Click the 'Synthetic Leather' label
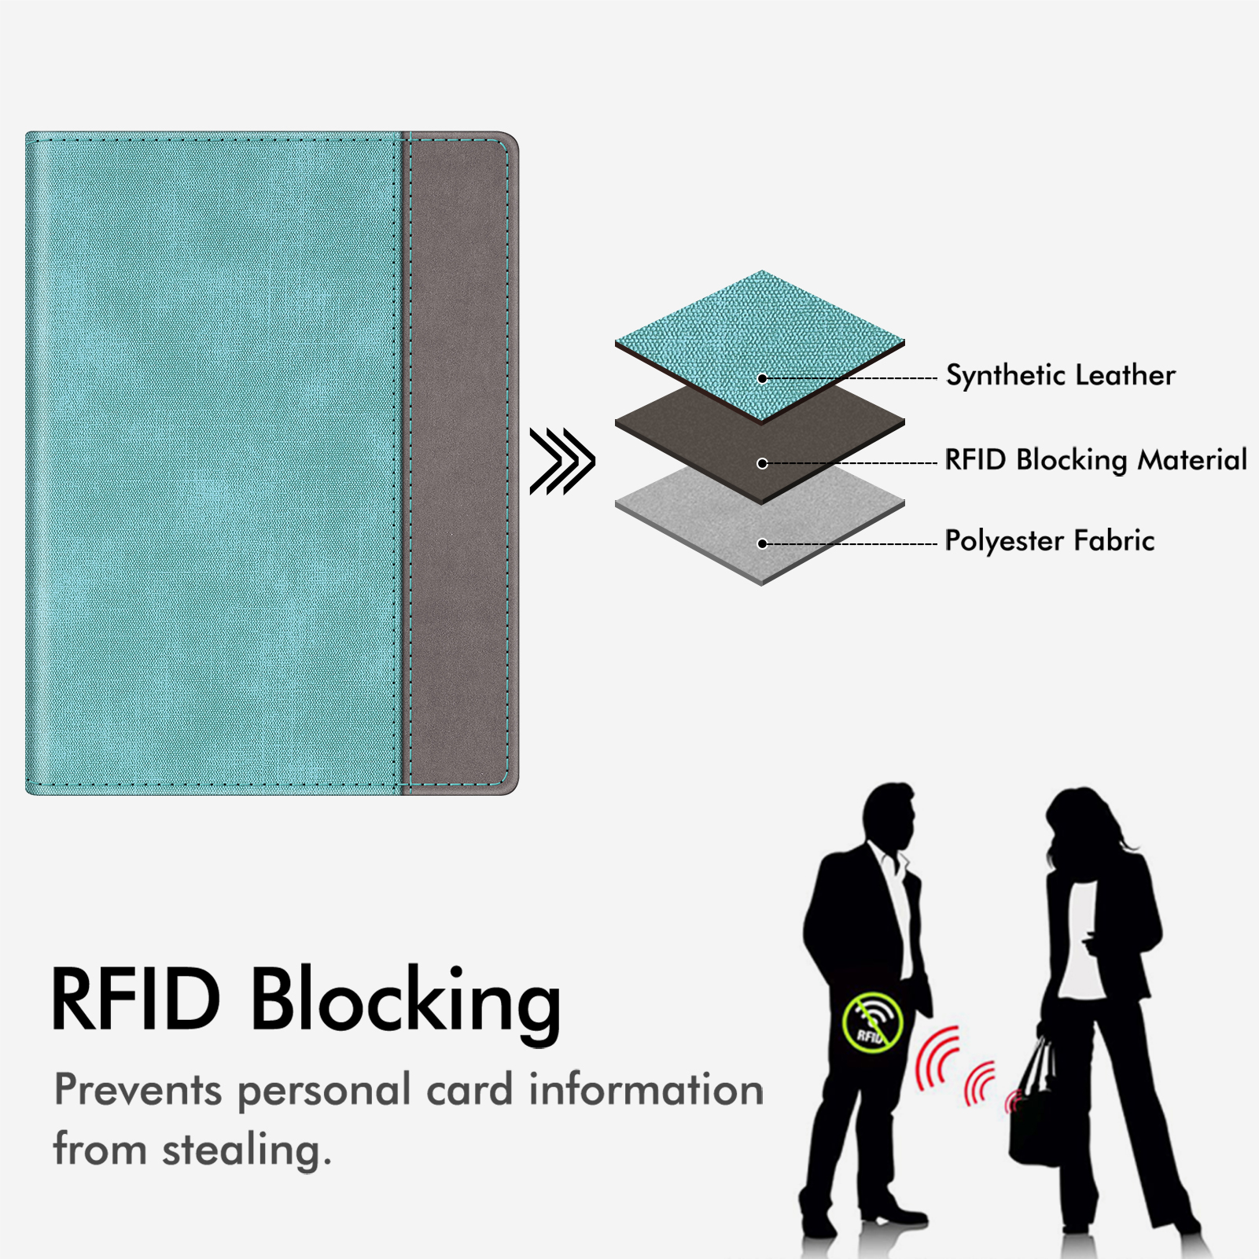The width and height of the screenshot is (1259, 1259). (1060, 376)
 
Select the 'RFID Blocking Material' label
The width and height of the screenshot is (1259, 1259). (1095, 460)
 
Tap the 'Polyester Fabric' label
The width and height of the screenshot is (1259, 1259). (1050, 541)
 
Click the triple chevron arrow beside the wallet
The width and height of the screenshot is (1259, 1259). (562, 462)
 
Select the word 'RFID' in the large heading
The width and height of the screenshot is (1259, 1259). (135, 998)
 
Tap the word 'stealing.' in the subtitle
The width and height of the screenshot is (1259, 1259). (247, 1150)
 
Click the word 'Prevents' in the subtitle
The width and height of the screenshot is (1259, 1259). (138, 1091)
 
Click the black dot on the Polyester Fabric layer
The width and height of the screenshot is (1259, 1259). (762, 543)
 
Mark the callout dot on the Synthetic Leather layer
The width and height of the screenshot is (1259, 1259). (762, 378)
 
